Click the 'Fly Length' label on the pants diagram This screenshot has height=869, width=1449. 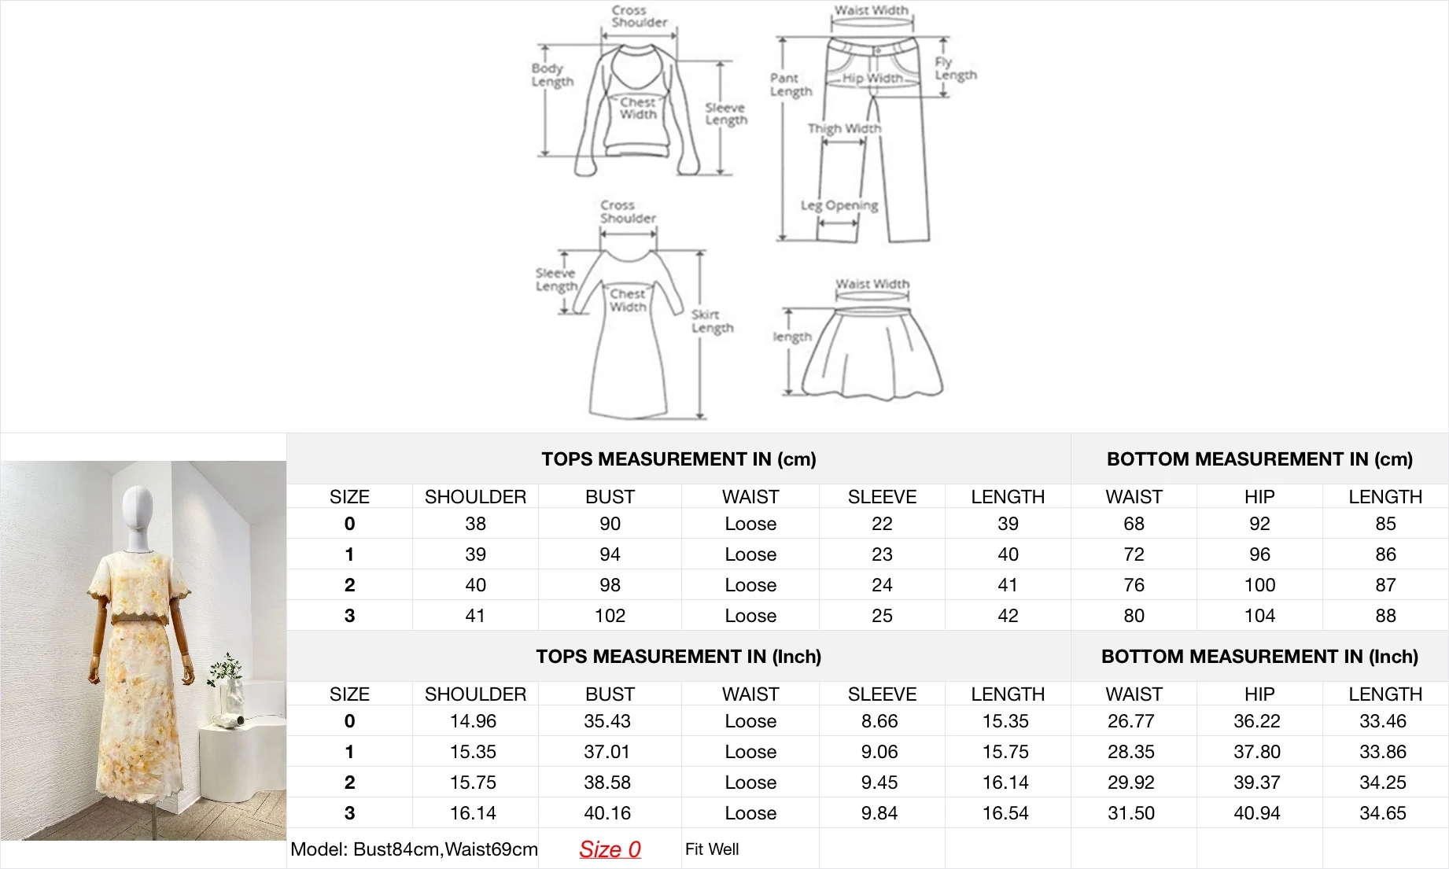[956, 68]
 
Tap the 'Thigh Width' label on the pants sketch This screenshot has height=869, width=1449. [844, 128]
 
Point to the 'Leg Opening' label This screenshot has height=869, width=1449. [839, 205]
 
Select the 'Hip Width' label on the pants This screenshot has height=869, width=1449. [872, 78]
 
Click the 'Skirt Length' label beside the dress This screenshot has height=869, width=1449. [713, 321]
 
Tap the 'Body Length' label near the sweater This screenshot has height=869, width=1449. [552, 75]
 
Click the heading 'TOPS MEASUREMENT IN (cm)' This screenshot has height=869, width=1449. [679, 459]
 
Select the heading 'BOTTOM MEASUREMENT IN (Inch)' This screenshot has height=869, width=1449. [1259, 657]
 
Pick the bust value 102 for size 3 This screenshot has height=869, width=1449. [610, 616]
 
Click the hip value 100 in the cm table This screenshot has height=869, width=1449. [1259, 585]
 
